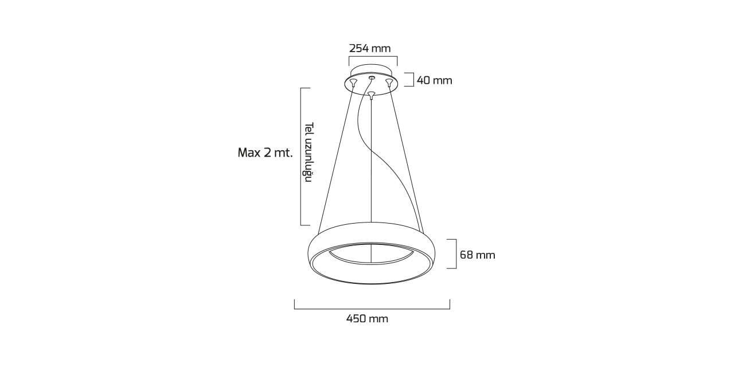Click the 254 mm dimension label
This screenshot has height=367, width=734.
(x=370, y=49)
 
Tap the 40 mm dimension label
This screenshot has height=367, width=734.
(x=434, y=80)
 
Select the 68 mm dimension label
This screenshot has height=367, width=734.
(x=478, y=255)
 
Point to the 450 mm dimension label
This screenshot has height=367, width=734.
(x=367, y=318)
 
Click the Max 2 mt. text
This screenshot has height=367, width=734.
(x=265, y=153)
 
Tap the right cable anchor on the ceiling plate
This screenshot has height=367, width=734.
(x=389, y=83)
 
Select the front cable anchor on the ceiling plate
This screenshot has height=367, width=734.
(x=371, y=95)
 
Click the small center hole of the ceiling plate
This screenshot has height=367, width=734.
(x=371, y=77)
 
